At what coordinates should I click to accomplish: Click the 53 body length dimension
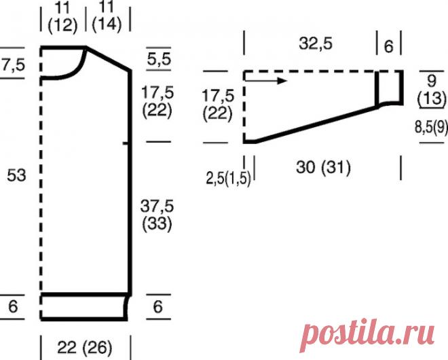coord(16,175)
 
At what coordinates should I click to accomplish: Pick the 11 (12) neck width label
coord(62,18)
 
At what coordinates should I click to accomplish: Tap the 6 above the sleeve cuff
coord(388,46)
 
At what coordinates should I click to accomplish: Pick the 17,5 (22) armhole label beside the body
coord(156,100)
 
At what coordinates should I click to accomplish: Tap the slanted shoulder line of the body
coord(109,58)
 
